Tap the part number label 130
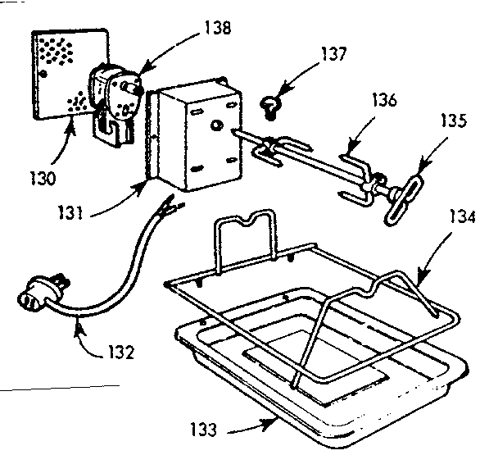tap(43, 177)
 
